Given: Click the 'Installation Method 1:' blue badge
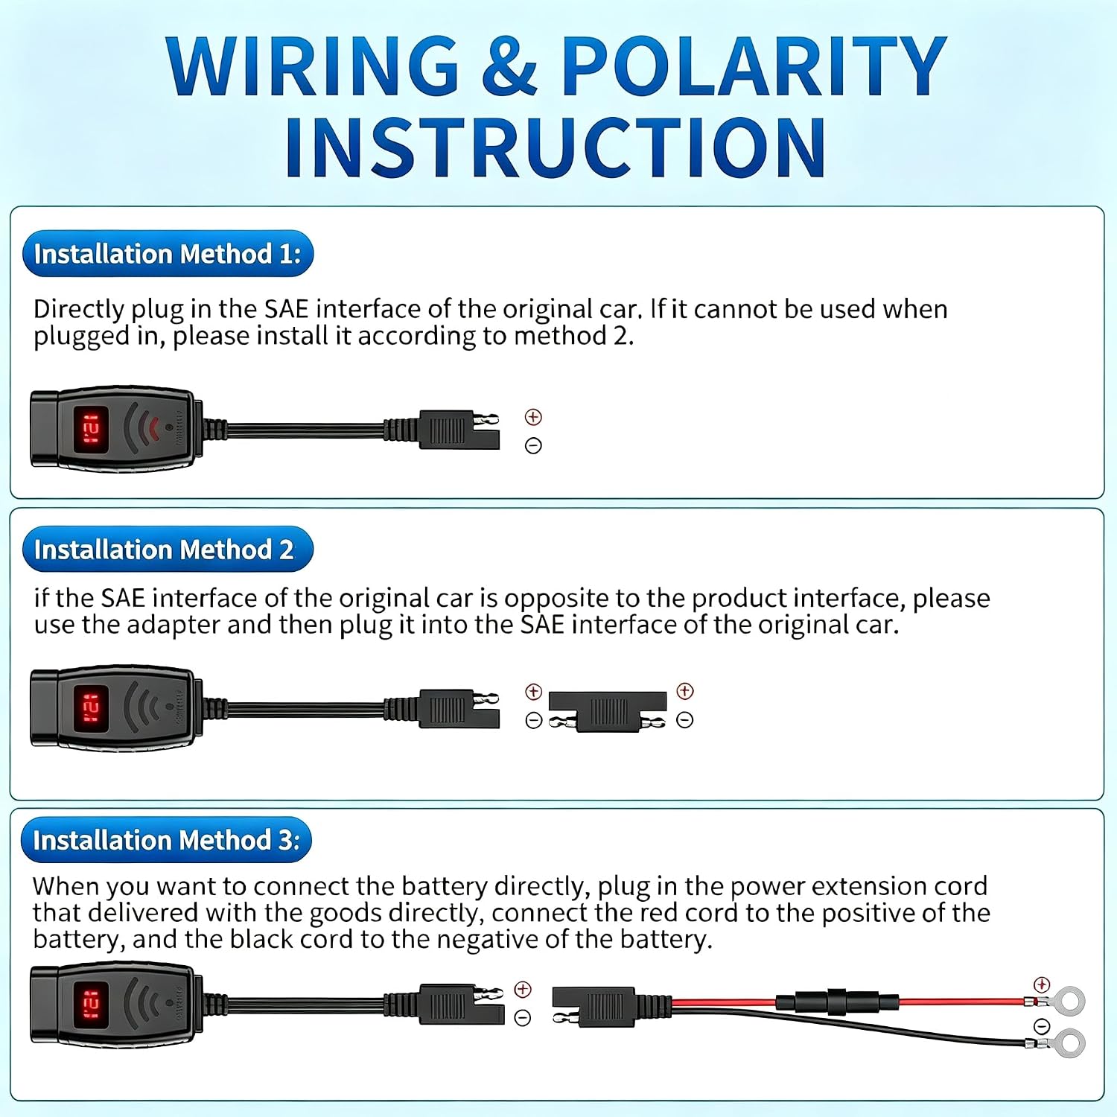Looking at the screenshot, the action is [168, 254].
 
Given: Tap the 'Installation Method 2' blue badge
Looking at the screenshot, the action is [168, 550].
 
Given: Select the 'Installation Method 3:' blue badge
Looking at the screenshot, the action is [167, 840].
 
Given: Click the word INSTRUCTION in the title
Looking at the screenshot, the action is [556, 147].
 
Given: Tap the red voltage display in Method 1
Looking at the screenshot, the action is [91, 430].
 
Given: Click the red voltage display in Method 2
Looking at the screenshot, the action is [91, 707].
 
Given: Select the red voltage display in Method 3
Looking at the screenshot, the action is [91, 1005].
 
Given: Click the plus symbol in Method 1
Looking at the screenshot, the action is [533, 417].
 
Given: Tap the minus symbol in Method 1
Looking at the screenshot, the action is [533, 445].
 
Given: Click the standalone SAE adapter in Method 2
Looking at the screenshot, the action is [607, 711].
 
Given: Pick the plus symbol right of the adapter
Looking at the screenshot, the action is [685, 691].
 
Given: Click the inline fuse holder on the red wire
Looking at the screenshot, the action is [838, 1002].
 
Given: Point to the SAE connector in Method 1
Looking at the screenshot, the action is [458, 430].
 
